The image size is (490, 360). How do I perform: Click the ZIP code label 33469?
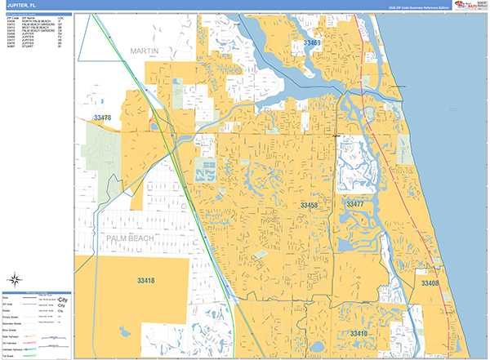311,42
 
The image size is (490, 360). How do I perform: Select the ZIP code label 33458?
309,205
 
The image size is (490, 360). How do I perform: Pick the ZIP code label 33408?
430,282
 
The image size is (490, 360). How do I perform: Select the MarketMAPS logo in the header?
466,6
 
